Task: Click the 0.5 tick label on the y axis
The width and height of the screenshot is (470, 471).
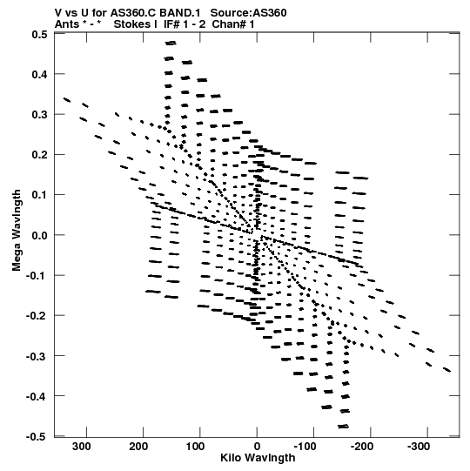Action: point(40,35)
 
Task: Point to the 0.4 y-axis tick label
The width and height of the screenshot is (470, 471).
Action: point(40,74)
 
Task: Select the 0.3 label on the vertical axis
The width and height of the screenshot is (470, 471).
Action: point(40,114)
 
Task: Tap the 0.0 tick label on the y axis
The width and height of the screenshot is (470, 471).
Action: point(40,235)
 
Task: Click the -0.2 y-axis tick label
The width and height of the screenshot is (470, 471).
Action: point(37,316)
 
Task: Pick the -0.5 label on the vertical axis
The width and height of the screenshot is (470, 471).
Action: point(37,437)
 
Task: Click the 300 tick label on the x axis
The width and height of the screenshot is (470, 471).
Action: point(82,447)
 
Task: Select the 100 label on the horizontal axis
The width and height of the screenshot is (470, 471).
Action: point(195,447)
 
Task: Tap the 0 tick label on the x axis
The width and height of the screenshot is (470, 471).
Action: point(257,447)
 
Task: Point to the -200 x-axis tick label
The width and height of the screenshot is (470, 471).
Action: point(362,447)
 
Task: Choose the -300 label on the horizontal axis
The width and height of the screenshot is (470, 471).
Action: point(419,447)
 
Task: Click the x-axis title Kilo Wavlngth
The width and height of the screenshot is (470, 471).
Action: point(258,459)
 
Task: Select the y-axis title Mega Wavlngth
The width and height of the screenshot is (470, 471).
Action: point(17,231)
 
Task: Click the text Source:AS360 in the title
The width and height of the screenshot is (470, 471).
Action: point(248,13)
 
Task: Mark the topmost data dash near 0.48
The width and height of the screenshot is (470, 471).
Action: point(171,43)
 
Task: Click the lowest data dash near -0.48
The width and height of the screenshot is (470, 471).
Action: point(343,427)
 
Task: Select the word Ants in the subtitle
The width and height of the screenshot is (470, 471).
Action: point(67,24)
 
